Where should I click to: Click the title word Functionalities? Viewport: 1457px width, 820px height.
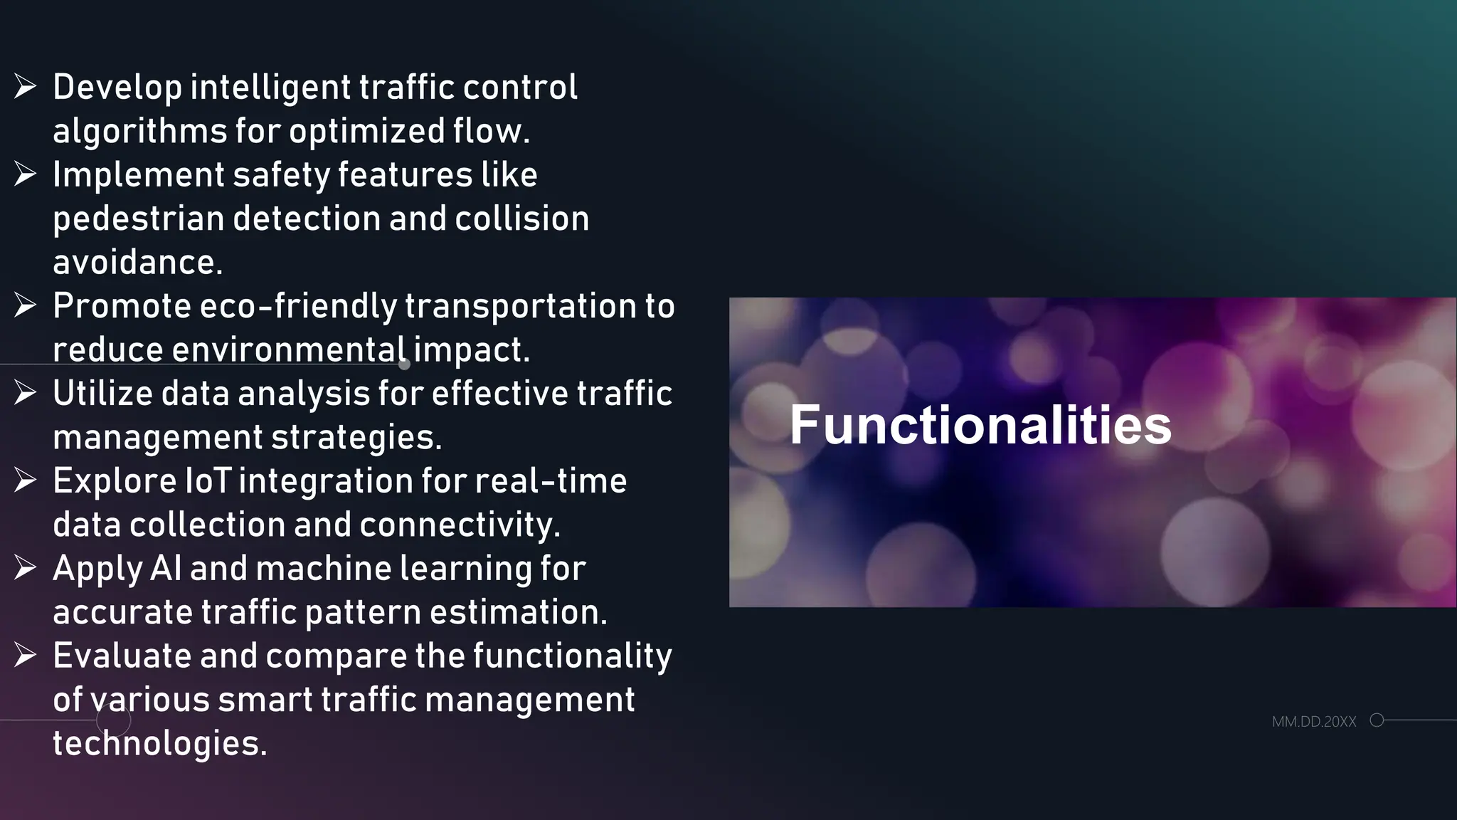click(980, 425)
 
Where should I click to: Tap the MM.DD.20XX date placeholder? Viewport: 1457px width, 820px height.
click(1314, 722)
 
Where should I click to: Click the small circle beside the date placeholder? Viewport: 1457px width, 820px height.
click(1377, 720)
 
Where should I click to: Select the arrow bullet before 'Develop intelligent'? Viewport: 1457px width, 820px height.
click(25, 87)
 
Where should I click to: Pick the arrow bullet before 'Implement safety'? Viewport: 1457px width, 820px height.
click(25, 174)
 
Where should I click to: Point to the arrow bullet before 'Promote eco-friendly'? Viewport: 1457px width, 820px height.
click(25, 305)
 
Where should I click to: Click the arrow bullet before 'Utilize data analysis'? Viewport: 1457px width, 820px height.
click(25, 393)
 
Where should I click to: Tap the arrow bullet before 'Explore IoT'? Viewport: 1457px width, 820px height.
click(25, 480)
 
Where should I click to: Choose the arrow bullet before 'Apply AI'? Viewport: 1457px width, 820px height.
click(25, 568)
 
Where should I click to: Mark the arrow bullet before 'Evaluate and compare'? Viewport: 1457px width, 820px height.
click(25, 656)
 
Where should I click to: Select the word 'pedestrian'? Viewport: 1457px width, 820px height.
click(139, 219)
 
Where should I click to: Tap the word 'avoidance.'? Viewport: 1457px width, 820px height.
click(138, 263)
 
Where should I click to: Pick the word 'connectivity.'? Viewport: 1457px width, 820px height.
click(460, 525)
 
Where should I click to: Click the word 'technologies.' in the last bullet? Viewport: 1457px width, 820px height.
click(160, 744)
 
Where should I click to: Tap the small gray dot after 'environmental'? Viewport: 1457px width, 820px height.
click(405, 364)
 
